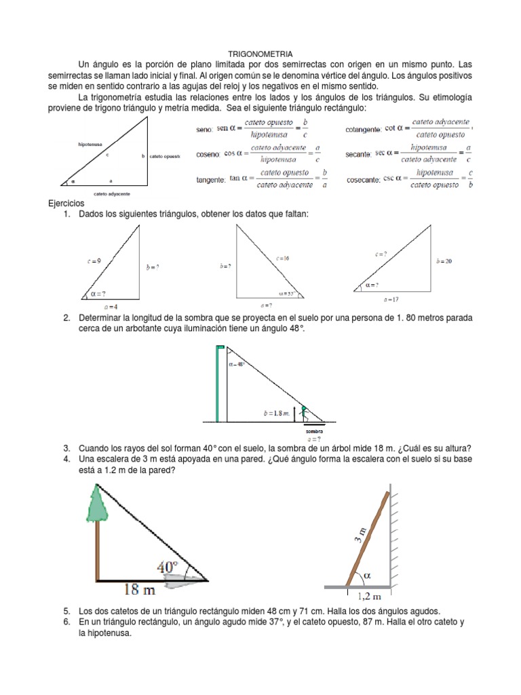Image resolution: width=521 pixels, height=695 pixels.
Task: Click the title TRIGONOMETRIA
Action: pyautogui.click(x=260, y=53)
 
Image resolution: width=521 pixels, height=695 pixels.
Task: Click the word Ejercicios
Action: pyautogui.click(x=66, y=203)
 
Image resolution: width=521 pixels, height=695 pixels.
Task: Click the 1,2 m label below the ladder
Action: pyautogui.click(x=367, y=597)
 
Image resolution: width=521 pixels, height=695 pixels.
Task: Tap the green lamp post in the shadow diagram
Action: pyautogui.click(x=218, y=383)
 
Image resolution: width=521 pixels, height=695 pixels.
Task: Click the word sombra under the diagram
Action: pyautogui.click(x=313, y=431)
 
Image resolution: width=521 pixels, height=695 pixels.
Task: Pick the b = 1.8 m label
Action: pyautogui.click(x=276, y=413)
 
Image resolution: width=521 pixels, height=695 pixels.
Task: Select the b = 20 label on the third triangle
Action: pyautogui.click(x=444, y=261)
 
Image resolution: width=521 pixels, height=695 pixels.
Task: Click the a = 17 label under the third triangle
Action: pyautogui.click(x=391, y=299)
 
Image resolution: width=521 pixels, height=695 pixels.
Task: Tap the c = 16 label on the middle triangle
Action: pyautogui.click(x=282, y=259)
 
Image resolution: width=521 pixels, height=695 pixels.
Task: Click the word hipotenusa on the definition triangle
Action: pyautogui.click(x=90, y=145)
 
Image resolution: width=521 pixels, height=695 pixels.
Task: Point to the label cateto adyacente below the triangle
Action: pyautogui.click(x=111, y=194)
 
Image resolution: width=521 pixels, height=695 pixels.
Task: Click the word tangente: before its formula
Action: pyautogui.click(x=210, y=179)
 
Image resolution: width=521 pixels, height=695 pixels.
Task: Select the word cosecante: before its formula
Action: pyautogui.click(x=363, y=180)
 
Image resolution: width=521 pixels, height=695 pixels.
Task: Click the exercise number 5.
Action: pyautogui.click(x=66, y=610)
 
